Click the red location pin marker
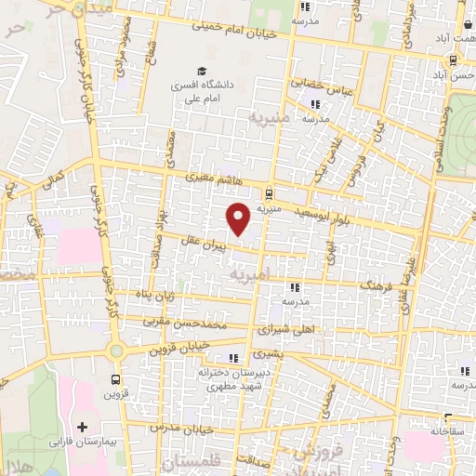click(x=239, y=219)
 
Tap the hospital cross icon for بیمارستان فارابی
click(x=83, y=427)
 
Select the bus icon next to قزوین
click(x=115, y=379)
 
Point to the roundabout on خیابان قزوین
click(x=116, y=351)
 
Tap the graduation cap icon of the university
click(x=201, y=72)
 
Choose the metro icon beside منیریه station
click(x=269, y=194)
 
